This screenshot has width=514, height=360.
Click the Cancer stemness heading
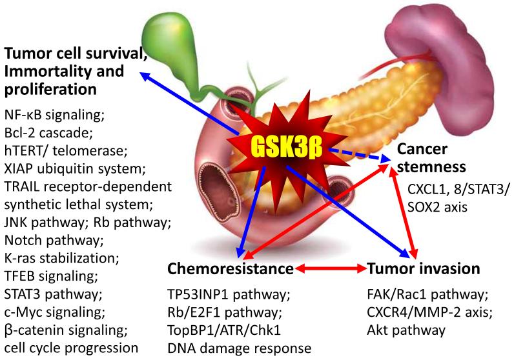click(431, 158)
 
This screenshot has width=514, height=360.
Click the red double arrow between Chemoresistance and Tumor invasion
click(330, 268)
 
